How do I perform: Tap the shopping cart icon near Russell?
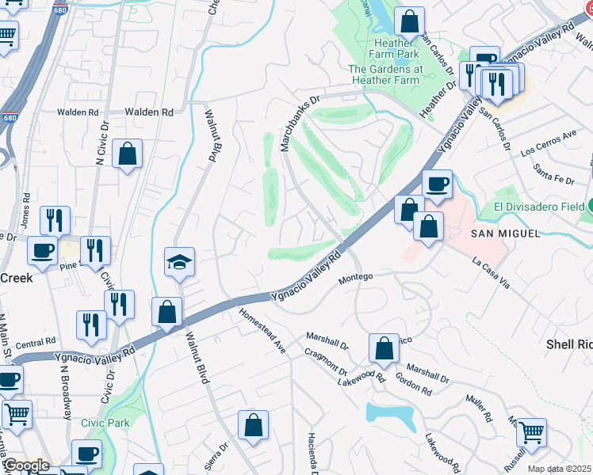coord(531,432)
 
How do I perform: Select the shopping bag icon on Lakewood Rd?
coord(384,348)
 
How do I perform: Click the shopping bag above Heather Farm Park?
coord(409,21)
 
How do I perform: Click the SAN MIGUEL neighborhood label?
coord(505,234)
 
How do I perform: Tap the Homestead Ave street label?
coord(262,330)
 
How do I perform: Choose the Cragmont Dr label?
coord(327,361)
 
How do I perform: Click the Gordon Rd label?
coord(414,384)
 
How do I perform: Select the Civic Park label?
coord(105,424)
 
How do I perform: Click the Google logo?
coord(25,465)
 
